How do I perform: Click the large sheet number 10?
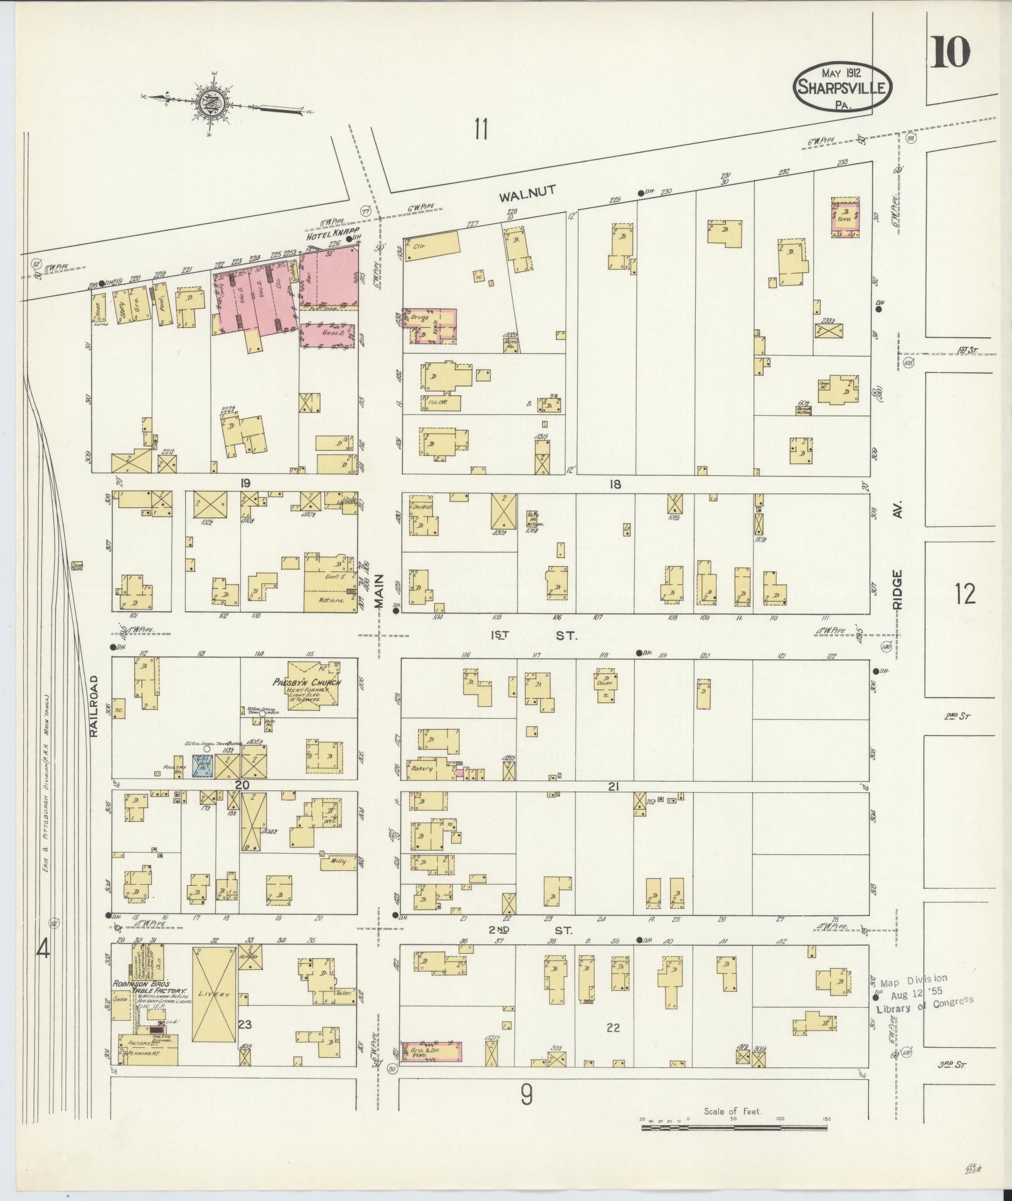pos(951,52)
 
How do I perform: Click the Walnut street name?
pos(527,194)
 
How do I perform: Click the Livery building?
pos(214,995)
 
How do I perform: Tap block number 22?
pos(613,1028)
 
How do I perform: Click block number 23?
pos(244,1024)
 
